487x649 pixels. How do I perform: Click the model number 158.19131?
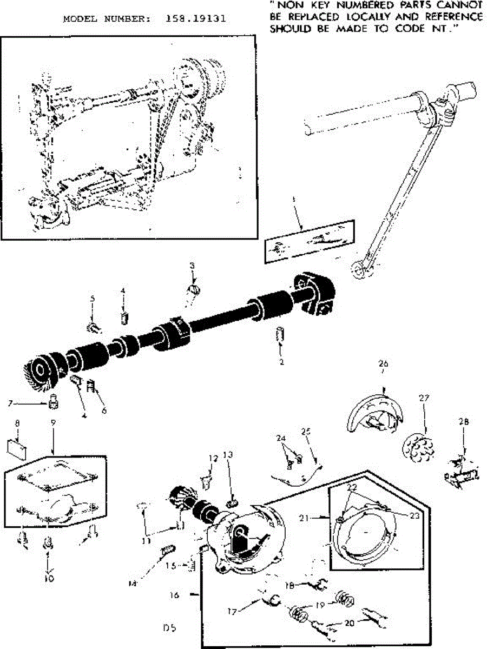coord(194,18)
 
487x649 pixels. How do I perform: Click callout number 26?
coord(384,363)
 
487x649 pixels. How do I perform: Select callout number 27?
coord(424,398)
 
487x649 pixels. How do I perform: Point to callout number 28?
coord(465,422)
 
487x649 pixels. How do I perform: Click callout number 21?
coord(303,518)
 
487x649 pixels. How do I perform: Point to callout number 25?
coord(307,432)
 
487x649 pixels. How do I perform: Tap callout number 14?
coord(131,583)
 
